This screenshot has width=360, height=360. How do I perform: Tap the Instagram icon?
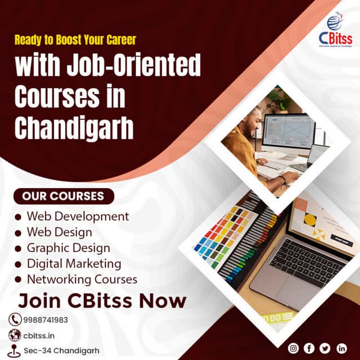point(293,348)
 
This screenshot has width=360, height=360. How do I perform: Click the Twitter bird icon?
point(325,348)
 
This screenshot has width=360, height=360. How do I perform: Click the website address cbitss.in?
point(39,336)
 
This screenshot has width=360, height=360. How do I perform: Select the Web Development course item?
point(78,216)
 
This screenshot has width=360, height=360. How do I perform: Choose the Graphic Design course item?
point(68,247)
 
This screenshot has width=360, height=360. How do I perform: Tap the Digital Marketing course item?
point(74,263)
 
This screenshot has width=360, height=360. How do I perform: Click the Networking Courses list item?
point(82,279)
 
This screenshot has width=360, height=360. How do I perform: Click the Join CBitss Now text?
point(102,300)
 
